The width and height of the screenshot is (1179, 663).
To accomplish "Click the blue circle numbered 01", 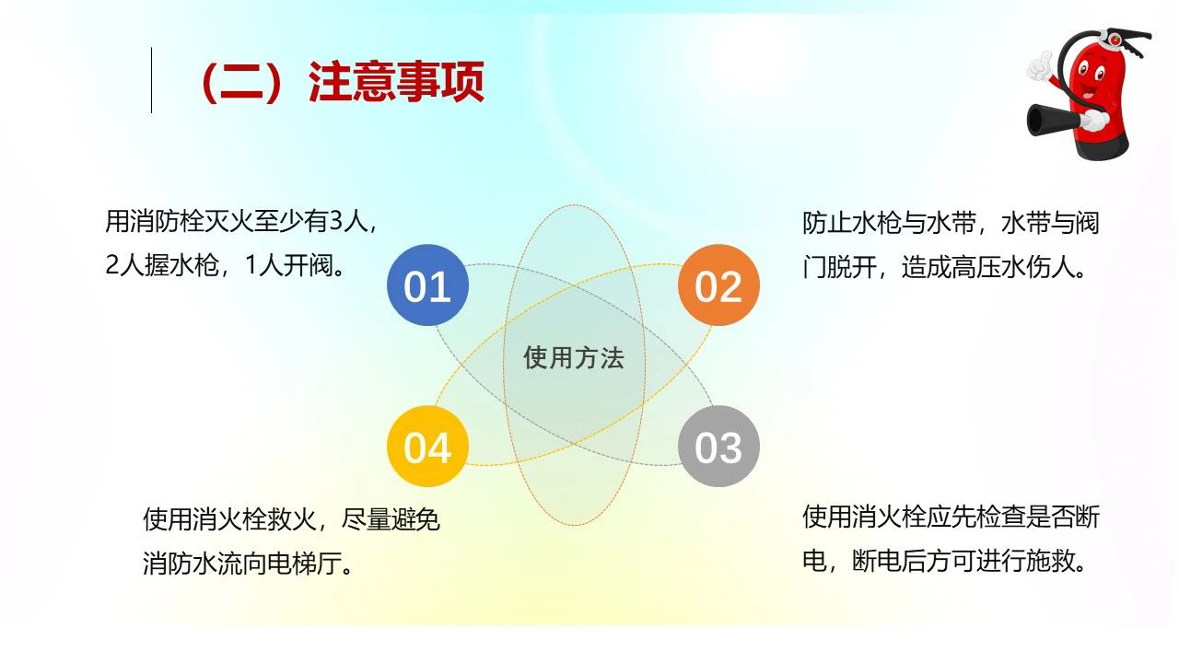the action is coord(427,285).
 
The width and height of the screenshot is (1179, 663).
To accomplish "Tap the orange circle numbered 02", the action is coord(718,285).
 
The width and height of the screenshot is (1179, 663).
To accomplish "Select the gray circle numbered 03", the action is coord(718,447).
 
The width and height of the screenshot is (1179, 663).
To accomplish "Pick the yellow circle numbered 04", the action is coord(427,447).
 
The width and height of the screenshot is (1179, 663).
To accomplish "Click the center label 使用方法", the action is coord(574,358).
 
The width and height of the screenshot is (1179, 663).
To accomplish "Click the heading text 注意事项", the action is coord(396,82).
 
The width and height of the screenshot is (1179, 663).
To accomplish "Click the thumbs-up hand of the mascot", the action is coord(1040,67).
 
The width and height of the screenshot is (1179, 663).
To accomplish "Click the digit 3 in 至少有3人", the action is coord(335,221).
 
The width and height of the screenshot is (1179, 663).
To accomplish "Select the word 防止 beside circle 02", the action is coord(827,223).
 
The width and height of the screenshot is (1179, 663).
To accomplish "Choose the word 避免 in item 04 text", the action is coord(415,520).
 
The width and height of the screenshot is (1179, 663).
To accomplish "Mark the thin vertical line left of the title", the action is coord(152,80).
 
